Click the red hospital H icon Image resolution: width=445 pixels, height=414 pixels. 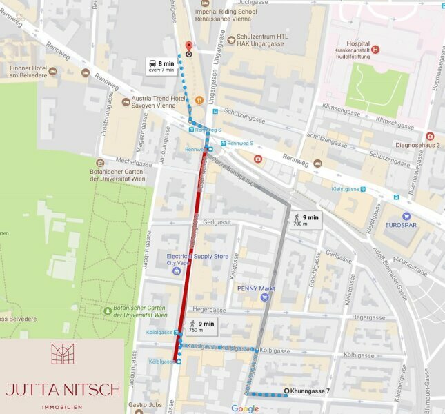click(375, 49)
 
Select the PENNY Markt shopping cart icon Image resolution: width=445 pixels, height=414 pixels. click(264, 297)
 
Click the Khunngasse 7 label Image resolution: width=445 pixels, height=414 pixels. click(310, 391)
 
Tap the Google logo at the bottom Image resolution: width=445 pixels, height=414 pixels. click(244, 408)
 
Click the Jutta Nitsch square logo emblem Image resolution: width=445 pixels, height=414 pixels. click(62, 354)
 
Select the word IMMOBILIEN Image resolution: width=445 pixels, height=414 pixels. click(63, 407)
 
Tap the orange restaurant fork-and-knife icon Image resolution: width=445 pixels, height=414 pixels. click(198, 100)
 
